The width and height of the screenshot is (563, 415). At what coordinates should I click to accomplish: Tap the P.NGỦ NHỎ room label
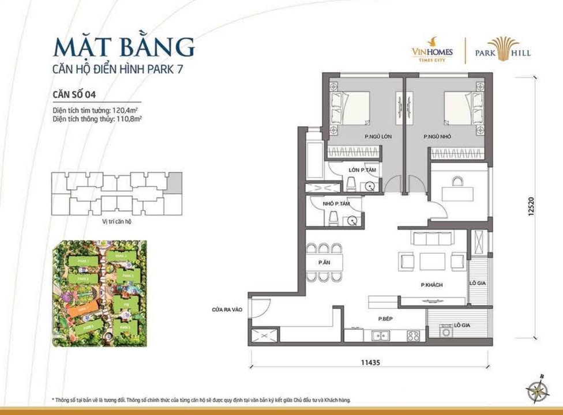[437, 137]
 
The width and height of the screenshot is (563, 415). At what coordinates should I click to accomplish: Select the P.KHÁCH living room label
[431, 285]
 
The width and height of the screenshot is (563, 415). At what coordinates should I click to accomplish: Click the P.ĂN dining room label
[324, 262]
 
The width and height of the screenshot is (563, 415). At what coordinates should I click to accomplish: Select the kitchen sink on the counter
[380, 335]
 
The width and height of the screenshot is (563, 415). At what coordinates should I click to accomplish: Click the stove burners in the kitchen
[413, 335]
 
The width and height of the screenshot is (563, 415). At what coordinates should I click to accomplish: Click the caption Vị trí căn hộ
[115, 221]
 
